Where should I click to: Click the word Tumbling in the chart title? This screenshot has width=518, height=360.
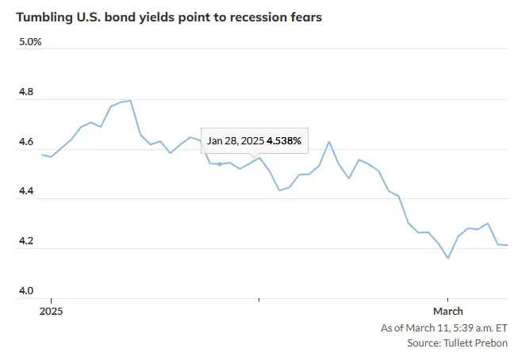coord(44,17)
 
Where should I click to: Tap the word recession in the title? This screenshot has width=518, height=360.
coord(258,17)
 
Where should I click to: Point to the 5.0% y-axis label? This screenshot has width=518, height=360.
coord(30,41)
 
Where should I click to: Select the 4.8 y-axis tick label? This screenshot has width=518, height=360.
coord(26,91)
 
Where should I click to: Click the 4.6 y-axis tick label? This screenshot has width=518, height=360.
coord(26,141)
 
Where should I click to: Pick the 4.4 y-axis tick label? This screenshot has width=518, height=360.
coord(26,190)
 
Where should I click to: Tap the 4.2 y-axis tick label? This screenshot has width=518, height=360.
coord(26,240)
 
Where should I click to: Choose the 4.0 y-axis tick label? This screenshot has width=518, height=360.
coord(26,290)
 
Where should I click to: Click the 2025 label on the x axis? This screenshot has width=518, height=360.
coord(51,311)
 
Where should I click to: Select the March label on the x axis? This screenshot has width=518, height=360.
coord(448,311)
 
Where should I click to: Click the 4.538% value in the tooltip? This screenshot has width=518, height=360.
coord(284,140)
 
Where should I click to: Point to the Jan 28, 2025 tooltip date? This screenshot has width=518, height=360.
coord(236,141)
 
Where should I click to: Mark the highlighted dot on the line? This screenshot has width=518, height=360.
coord(220,164)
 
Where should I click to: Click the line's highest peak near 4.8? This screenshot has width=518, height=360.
coord(130,101)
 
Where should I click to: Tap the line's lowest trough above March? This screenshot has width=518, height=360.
coord(448,258)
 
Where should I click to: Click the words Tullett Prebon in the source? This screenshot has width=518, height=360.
coord(475,343)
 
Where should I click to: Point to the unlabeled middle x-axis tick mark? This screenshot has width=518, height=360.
coord(259,300)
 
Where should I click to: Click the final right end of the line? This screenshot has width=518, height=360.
coord(507,245)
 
